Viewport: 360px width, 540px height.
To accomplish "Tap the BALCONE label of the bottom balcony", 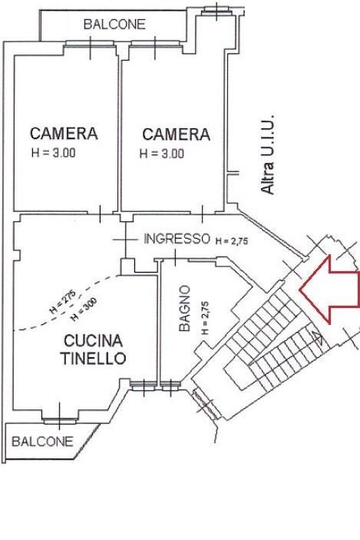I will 43,442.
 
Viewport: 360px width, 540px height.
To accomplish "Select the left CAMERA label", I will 64,134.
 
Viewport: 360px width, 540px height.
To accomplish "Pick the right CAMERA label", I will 176,134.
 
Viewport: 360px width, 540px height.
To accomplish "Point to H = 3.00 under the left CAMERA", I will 53,152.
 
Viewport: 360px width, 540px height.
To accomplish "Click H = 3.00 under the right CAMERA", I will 162,153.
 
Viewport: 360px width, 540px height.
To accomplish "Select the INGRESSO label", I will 177,239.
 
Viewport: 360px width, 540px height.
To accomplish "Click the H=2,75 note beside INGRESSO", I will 232,240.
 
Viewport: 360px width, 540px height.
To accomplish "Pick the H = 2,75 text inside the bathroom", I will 204,318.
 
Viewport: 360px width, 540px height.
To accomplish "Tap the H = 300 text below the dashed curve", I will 78,310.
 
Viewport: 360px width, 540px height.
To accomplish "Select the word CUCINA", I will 95,340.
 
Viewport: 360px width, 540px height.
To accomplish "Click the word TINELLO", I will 93,358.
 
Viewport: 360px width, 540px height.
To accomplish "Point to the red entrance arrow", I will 329,289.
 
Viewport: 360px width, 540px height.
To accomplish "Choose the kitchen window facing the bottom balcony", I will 59,419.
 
